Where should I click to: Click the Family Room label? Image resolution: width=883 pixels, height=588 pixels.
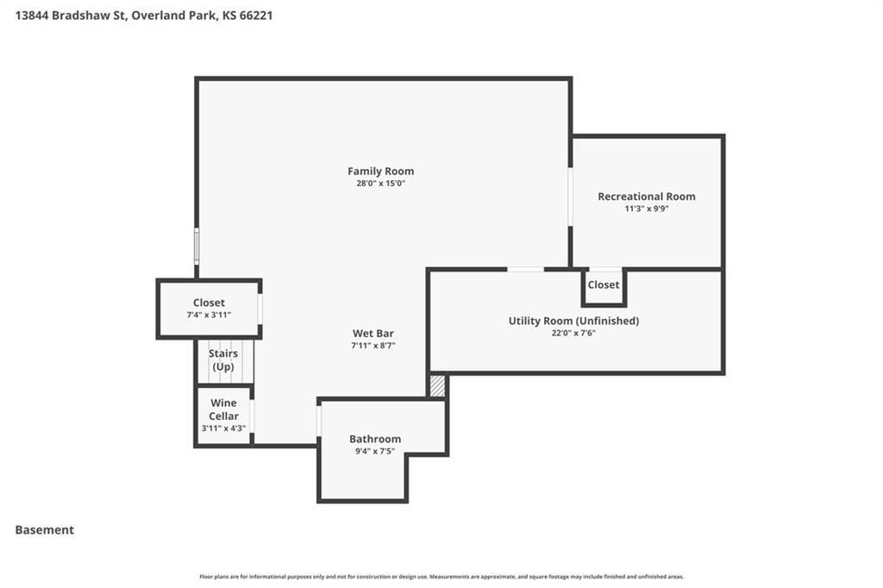pyautogui.click(x=380, y=172)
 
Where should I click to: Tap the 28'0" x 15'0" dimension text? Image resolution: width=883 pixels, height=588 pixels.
pyautogui.click(x=380, y=184)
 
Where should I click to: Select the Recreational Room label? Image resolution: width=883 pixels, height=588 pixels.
pyautogui.click(x=647, y=197)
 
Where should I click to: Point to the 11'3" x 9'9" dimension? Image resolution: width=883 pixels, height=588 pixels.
pyautogui.click(x=647, y=209)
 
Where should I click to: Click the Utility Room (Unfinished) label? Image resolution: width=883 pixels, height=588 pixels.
pyautogui.click(x=573, y=321)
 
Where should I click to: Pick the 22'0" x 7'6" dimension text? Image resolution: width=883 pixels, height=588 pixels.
pyautogui.click(x=573, y=334)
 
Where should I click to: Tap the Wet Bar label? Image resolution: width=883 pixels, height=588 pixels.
pyautogui.click(x=373, y=334)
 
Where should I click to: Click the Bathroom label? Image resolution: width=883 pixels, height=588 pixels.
pyautogui.click(x=375, y=439)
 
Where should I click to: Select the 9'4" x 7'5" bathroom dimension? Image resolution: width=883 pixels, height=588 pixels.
pyautogui.click(x=375, y=451)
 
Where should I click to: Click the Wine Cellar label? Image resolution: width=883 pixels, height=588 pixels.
pyautogui.click(x=223, y=410)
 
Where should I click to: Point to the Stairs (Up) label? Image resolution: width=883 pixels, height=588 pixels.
pyautogui.click(x=223, y=360)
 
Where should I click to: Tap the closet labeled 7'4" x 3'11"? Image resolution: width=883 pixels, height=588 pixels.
pyautogui.click(x=209, y=309)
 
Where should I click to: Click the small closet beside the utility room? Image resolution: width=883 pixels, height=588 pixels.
pyautogui.click(x=604, y=287)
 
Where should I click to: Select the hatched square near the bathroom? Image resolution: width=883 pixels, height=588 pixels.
pyautogui.click(x=437, y=386)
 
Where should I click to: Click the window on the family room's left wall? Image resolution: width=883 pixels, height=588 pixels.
pyautogui.click(x=197, y=246)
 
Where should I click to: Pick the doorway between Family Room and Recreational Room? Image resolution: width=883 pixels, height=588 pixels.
pyautogui.click(x=571, y=197)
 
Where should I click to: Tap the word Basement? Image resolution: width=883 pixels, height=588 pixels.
pyautogui.click(x=45, y=530)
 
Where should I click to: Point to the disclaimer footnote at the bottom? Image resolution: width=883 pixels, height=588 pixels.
pyautogui.click(x=441, y=577)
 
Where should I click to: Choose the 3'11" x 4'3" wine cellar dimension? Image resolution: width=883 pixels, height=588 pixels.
pyautogui.click(x=223, y=428)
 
